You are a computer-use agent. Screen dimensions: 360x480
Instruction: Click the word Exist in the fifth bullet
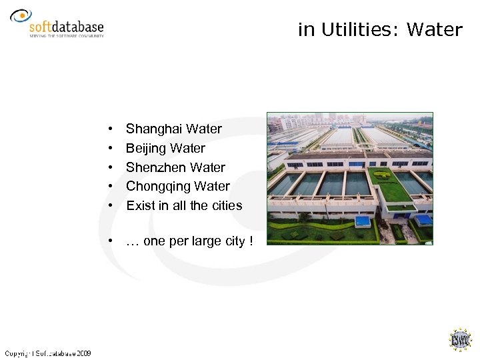tap(140, 205)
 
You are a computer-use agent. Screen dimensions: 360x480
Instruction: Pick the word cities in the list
tap(227, 205)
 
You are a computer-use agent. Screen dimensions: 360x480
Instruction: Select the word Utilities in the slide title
tap(361, 30)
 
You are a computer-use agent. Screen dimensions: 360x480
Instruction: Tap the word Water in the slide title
tap(434, 30)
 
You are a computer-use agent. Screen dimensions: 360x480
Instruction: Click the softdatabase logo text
tap(67, 27)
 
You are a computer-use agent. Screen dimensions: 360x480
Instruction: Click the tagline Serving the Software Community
tap(66, 36)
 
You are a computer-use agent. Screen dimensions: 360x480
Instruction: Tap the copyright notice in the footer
tap(48, 353)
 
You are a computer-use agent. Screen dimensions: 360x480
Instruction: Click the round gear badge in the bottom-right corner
tap(459, 340)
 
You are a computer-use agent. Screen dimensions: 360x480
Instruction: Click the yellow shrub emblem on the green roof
tap(381, 175)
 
